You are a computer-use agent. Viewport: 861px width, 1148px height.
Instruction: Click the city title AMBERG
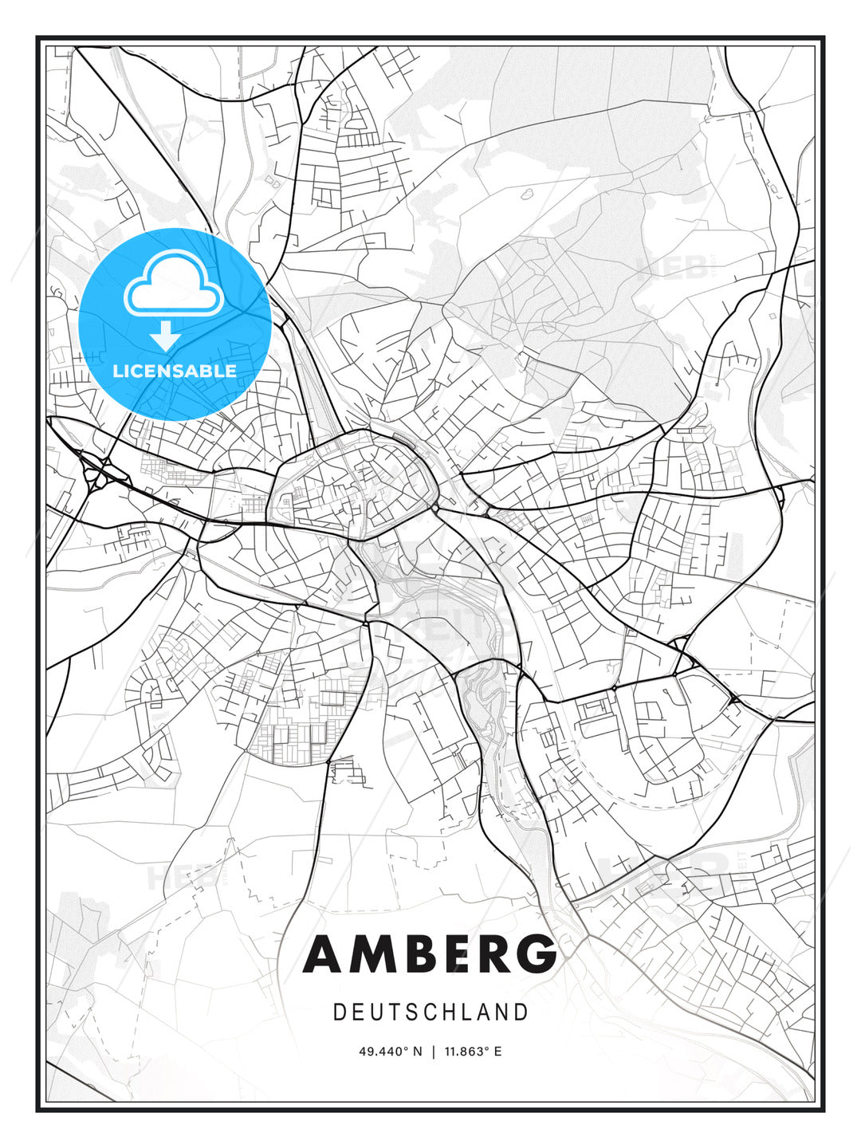tap(430, 953)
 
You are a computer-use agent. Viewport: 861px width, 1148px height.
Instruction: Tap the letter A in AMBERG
tap(323, 953)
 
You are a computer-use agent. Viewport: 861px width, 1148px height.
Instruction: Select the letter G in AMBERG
tap(536, 953)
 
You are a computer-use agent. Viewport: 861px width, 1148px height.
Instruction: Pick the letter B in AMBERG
tap(414, 953)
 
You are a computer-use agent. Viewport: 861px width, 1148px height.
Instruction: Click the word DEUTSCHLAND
tap(431, 1012)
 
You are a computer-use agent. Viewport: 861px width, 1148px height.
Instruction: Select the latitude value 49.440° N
tap(390, 1052)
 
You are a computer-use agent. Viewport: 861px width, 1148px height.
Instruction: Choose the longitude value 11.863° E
tap(474, 1052)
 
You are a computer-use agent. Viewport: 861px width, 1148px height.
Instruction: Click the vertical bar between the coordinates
tap(433, 1052)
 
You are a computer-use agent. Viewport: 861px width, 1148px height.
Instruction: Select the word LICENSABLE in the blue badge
tap(175, 371)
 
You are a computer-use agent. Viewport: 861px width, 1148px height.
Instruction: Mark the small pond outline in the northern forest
tap(527, 193)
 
